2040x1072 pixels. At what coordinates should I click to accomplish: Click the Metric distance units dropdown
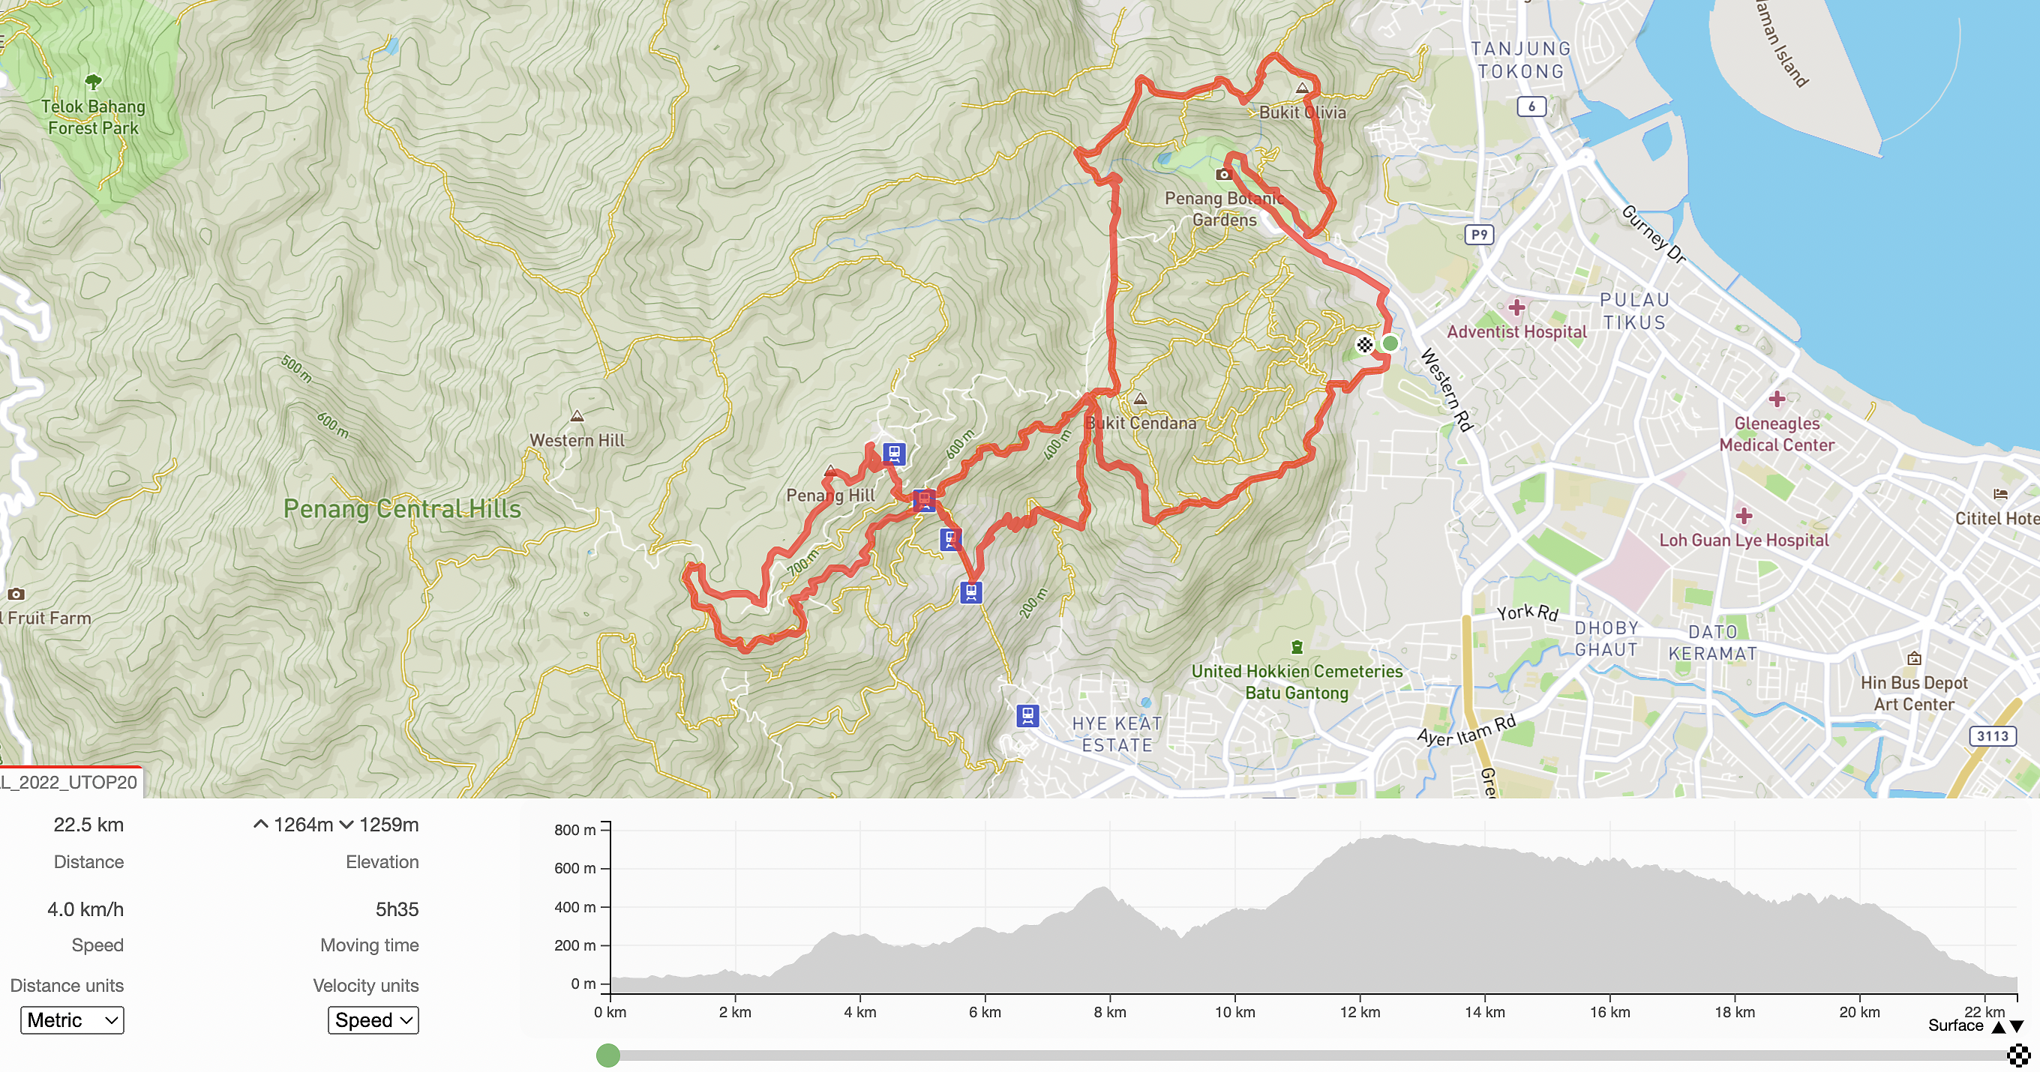pos(72,1020)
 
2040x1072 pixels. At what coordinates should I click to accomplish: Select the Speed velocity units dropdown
pos(373,1020)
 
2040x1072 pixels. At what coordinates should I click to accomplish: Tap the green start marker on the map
pos(1390,343)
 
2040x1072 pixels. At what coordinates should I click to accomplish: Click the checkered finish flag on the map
pos(1363,344)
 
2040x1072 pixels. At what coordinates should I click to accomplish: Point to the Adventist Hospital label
pos(1516,332)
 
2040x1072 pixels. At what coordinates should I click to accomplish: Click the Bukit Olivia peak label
pos(1302,112)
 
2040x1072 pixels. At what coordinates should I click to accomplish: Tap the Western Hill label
pos(577,440)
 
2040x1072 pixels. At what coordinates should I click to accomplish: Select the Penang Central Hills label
pos(402,508)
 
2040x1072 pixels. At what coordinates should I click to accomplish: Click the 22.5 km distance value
pos(88,825)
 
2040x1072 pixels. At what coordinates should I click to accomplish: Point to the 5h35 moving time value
pos(397,909)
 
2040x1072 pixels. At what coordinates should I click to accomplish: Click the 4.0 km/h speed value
pos(85,909)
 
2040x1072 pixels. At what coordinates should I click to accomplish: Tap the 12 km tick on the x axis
pos(1360,1012)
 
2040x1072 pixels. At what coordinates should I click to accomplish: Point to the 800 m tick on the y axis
pos(575,830)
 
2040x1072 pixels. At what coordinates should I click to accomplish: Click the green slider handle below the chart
pos(607,1055)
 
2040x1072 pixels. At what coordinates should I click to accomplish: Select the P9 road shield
pos(1478,235)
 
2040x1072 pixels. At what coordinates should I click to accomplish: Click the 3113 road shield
pos(1992,735)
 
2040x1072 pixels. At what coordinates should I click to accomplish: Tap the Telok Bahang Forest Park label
pos(93,117)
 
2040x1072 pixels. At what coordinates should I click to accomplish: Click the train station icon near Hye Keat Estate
pos(1027,716)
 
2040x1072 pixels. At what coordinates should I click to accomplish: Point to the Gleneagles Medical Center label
pos(1776,434)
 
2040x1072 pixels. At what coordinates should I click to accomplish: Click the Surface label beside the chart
pos(1954,1026)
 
